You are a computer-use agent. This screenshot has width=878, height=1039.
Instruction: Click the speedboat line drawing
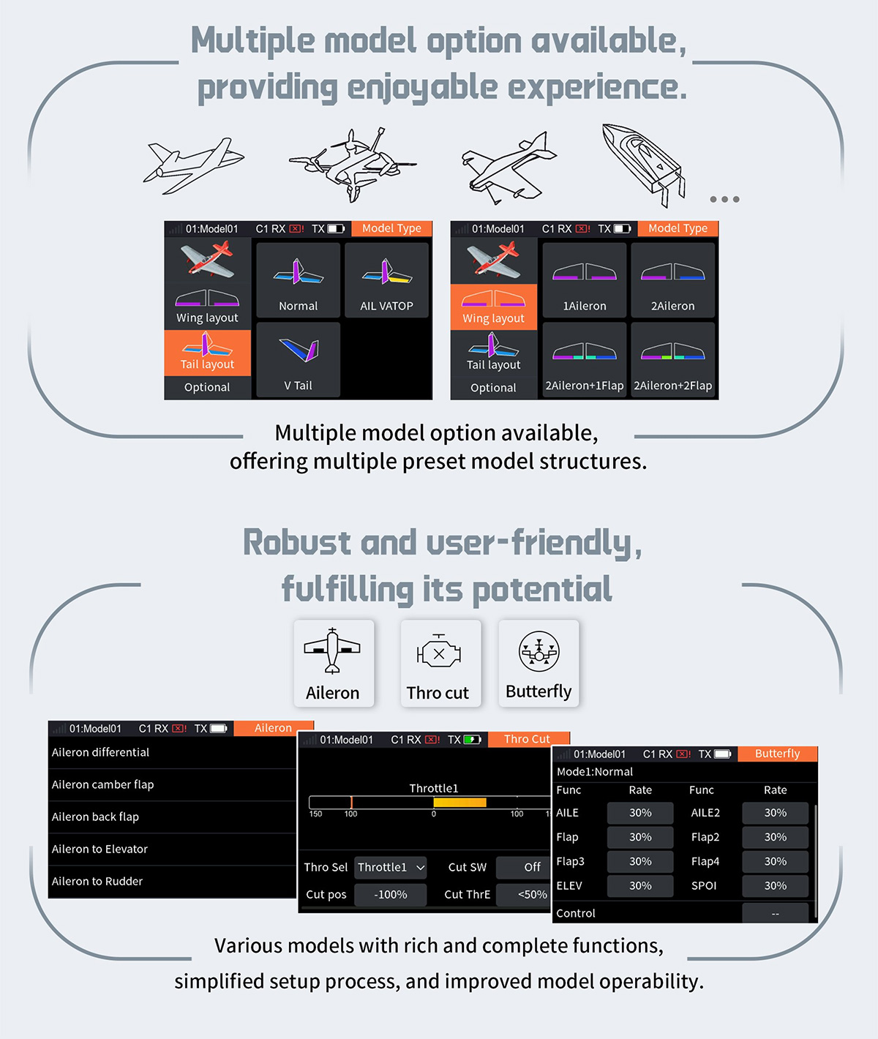click(x=642, y=164)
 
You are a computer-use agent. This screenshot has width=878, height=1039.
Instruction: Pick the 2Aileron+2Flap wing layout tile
click(x=672, y=360)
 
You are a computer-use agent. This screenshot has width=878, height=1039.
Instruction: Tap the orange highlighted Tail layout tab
click(x=207, y=353)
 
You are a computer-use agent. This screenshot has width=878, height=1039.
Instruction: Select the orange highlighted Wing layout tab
click(x=493, y=307)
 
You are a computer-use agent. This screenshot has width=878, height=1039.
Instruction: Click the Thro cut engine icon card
click(x=440, y=663)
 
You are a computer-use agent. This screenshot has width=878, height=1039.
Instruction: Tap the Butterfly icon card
click(x=539, y=663)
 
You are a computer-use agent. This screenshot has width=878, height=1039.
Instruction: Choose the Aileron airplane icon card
click(x=334, y=663)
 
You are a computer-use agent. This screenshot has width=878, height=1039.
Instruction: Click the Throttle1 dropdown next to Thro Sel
click(x=390, y=868)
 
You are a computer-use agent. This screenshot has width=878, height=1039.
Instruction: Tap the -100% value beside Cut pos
click(x=390, y=895)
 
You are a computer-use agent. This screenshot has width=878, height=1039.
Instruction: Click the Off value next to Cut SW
click(x=522, y=868)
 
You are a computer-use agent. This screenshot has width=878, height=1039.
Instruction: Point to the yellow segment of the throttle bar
click(x=459, y=803)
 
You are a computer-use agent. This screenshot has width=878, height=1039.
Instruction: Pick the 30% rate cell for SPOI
click(x=775, y=886)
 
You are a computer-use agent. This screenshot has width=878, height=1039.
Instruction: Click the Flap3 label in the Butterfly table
click(x=571, y=862)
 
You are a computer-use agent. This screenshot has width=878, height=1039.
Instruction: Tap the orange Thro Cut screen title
click(x=527, y=739)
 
